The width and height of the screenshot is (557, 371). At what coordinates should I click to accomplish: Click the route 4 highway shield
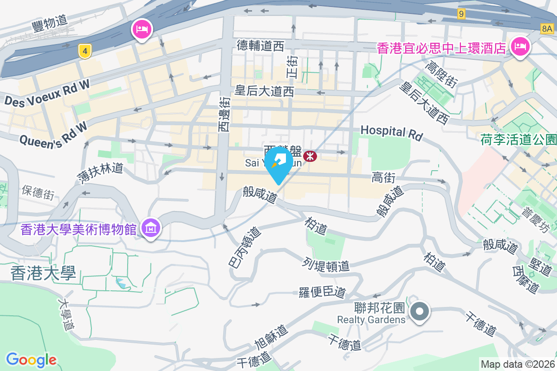(84, 51)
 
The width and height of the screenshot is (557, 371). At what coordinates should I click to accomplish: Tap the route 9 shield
(460, 14)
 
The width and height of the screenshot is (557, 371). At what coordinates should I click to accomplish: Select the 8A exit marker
(547, 29)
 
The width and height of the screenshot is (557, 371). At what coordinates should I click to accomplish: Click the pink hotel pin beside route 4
(141, 30)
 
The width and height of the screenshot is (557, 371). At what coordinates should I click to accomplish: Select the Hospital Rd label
(392, 133)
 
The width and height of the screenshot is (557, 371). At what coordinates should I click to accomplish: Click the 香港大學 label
(43, 273)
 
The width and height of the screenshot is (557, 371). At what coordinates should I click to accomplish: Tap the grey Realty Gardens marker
(420, 311)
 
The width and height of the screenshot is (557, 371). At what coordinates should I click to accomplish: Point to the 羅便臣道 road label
(322, 292)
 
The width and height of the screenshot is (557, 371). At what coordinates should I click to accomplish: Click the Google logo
(31, 359)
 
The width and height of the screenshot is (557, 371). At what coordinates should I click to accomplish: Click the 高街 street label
(384, 177)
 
